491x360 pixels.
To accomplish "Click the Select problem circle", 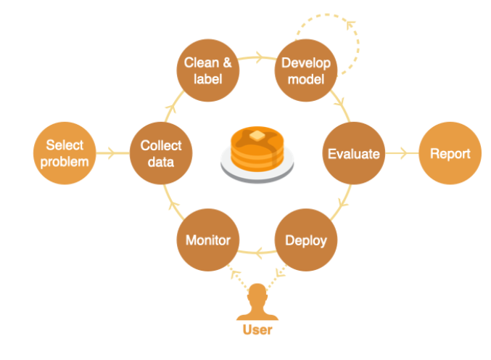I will (x=65, y=153).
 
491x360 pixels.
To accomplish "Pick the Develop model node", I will (x=305, y=70).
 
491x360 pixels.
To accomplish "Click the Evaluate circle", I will (x=353, y=153).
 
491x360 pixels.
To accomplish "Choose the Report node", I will (x=450, y=153).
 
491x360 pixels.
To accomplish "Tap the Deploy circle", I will (x=305, y=240).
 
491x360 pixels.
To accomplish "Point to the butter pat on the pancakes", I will (x=255, y=136).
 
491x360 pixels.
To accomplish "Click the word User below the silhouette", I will (x=257, y=330).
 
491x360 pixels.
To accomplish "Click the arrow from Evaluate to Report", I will (x=401, y=153).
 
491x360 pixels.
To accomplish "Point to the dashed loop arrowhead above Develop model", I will (x=351, y=22).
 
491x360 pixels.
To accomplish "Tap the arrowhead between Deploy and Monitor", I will (x=255, y=253).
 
